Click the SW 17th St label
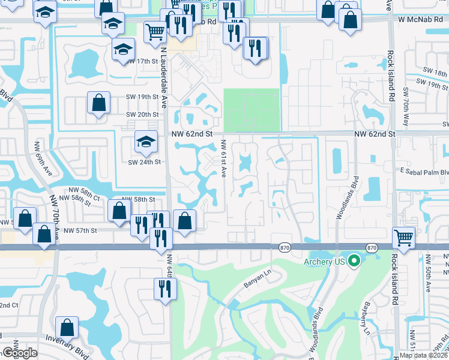click(x=141, y=62)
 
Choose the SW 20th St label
click(x=142, y=115)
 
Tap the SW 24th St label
click(x=142, y=162)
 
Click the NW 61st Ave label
click(x=223, y=158)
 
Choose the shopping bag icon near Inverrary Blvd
click(x=67, y=327)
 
